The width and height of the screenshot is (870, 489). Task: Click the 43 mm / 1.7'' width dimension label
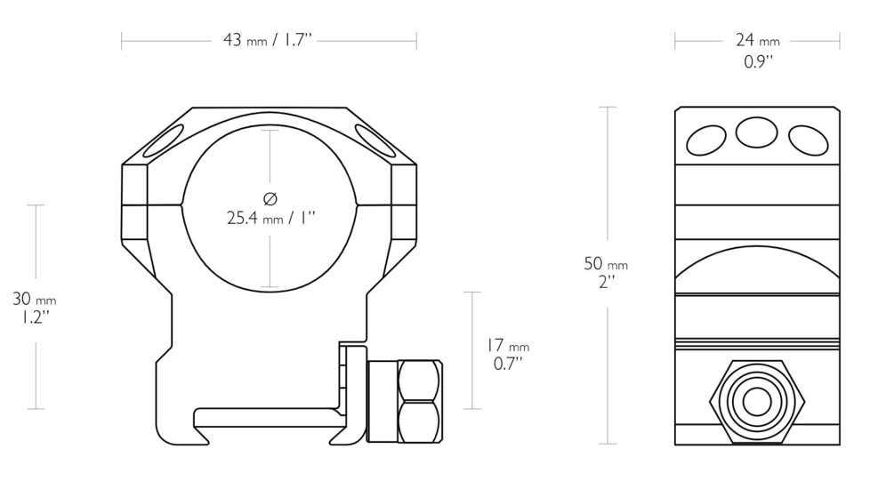[x=268, y=41]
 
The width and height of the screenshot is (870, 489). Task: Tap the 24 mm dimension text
[x=757, y=41]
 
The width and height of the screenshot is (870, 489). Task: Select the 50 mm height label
[x=605, y=263]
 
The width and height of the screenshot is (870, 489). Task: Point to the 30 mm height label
[x=35, y=299]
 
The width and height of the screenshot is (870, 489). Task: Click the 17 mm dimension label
[x=508, y=345]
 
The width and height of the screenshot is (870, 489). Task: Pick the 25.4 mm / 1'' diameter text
[x=270, y=218]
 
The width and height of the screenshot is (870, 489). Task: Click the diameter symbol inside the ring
[x=270, y=198]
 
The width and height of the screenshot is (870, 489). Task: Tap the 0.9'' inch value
[x=758, y=61]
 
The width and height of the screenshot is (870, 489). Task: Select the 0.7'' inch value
[x=508, y=364]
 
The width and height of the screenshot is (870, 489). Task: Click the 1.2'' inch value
[x=35, y=317]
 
